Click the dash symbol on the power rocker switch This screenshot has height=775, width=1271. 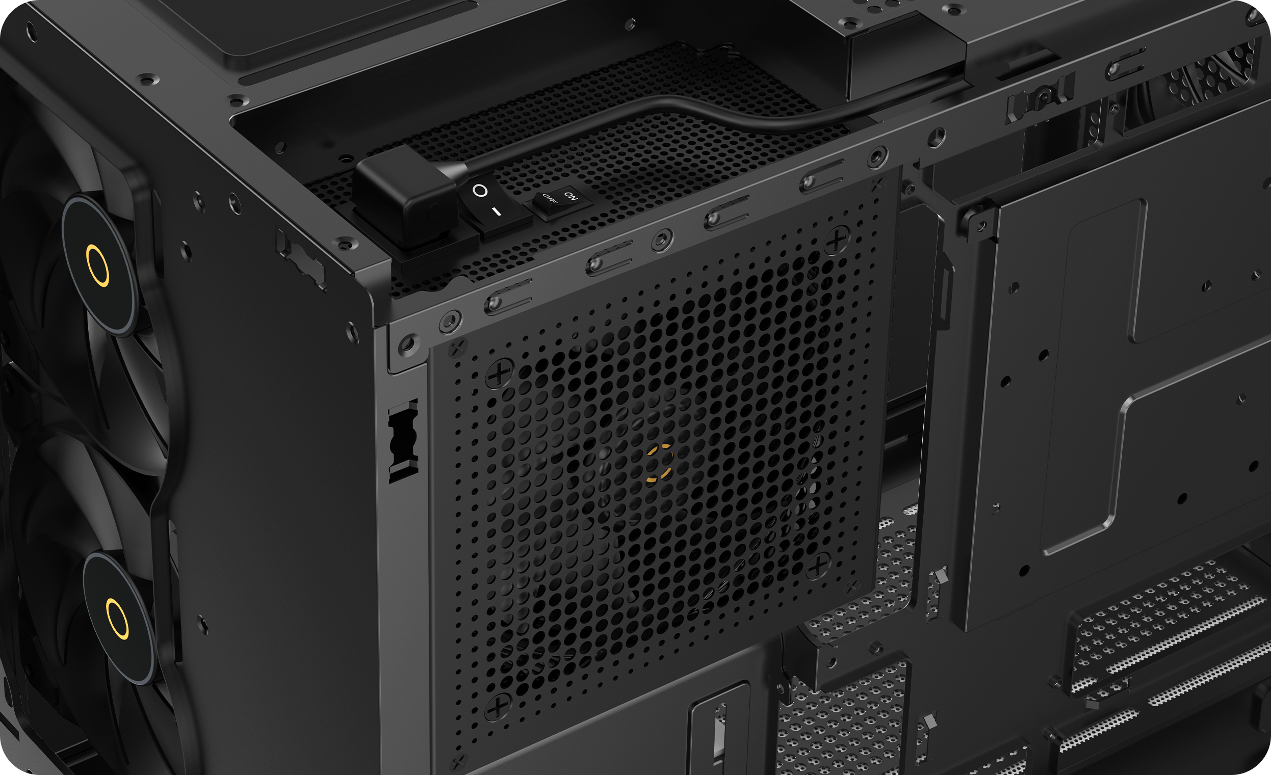[496, 211]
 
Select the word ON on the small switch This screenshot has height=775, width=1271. [571, 196]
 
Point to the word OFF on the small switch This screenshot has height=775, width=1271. [549, 199]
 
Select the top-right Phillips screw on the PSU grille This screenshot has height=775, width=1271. [836, 240]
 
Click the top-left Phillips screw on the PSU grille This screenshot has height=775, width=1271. [499, 375]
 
